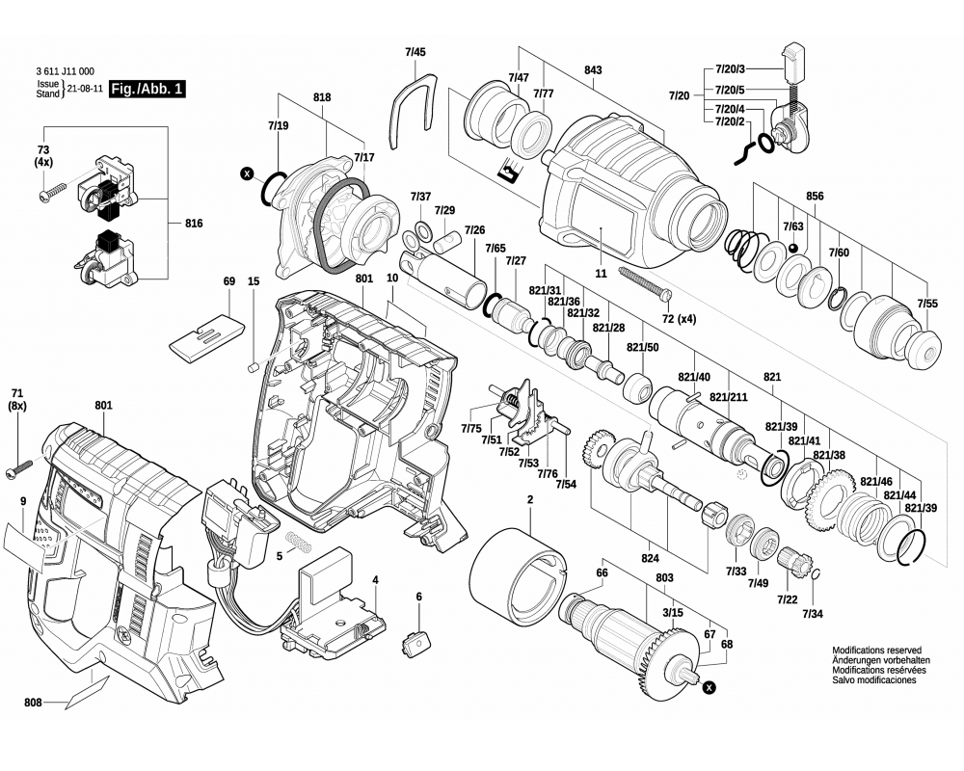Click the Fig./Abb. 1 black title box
click(x=146, y=89)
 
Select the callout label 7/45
click(x=415, y=51)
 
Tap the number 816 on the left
click(x=194, y=223)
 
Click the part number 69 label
click(x=228, y=281)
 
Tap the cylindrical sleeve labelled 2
click(x=517, y=579)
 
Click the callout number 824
click(x=649, y=557)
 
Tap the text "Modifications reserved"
click(x=877, y=651)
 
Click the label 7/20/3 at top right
click(x=737, y=69)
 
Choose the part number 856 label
click(x=815, y=196)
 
